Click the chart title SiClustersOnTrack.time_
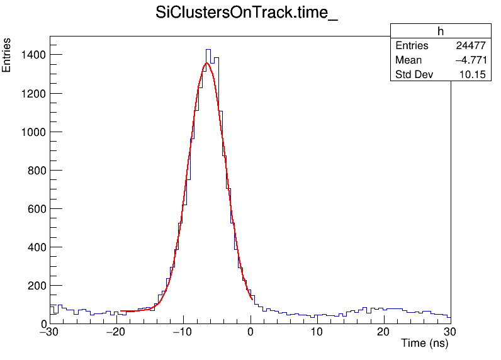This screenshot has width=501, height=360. tap(247, 14)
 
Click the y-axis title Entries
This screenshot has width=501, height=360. tap(7, 55)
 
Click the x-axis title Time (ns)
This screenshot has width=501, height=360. tap(424, 344)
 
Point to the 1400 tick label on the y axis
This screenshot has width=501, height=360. tap(32, 55)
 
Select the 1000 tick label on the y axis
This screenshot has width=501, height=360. tap(32, 132)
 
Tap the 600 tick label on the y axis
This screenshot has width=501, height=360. tap(35, 208)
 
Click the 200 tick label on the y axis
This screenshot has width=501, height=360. tap(35, 285)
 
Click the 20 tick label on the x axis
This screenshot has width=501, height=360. tap(383, 332)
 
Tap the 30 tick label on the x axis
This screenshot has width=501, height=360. tap(450, 332)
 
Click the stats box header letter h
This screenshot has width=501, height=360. tap(441, 31)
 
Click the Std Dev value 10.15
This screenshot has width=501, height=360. tap(473, 75)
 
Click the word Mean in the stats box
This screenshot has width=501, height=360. tap(408, 60)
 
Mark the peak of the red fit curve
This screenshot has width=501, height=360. tap(206, 63)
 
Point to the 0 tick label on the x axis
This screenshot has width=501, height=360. tap(250, 332)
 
